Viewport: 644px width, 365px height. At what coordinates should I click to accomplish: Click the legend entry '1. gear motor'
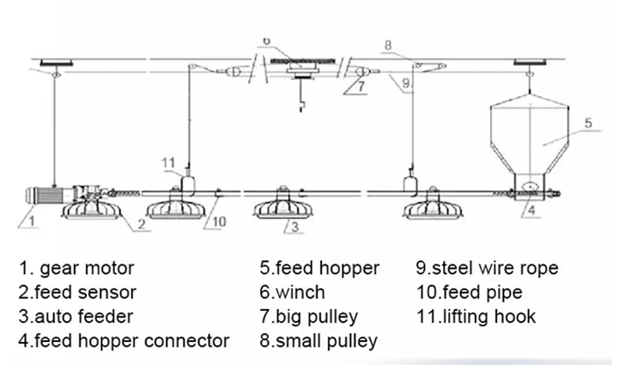point(76,269)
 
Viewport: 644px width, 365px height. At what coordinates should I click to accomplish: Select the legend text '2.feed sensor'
point(76,293)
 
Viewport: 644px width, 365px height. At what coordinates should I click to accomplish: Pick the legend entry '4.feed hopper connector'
point(124,341)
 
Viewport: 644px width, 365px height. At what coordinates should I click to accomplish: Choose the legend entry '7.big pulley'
point(308,317)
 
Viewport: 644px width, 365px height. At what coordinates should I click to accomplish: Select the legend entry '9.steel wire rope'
point(487,269)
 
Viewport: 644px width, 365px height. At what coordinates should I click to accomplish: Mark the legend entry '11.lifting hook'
point(476,317)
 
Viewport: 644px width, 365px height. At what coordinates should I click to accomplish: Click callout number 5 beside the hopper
point(587,123)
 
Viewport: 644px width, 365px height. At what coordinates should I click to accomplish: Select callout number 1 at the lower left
point(31,220)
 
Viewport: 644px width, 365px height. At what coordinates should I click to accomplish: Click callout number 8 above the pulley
point(387,44)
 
